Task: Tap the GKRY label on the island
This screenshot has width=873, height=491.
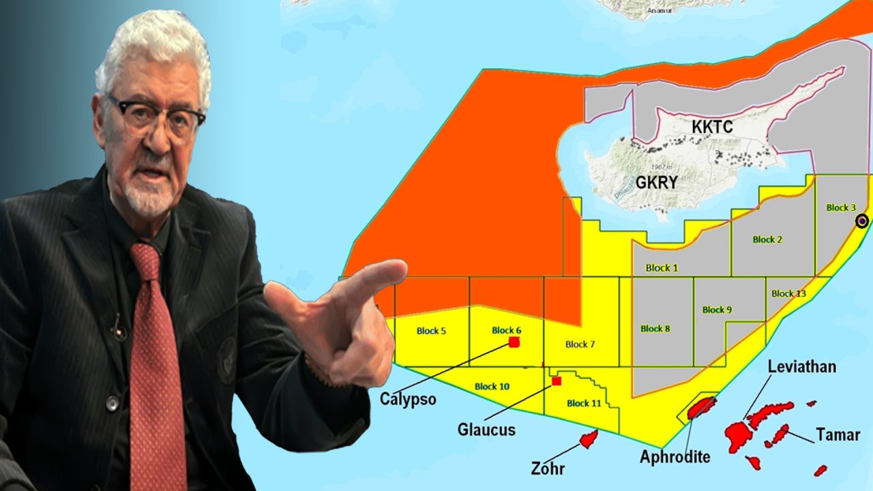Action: click(656, 183)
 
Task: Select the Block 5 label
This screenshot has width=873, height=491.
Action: click(431, 331)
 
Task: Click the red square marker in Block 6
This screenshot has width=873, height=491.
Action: click(514, 342)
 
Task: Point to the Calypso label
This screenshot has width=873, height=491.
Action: click(408, 399)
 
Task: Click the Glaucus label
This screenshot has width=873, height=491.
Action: click(486, 430)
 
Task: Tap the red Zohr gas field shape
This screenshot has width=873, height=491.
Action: click(589, 438)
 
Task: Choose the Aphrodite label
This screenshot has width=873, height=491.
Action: click(675, 456)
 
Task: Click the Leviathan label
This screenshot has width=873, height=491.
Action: click(801, 367)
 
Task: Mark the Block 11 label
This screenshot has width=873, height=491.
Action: click(584, 403)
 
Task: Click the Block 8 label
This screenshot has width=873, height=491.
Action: click(655, 329)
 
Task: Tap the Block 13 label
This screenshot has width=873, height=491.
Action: click(788, 294)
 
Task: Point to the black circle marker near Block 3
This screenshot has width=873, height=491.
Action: click(861, 220)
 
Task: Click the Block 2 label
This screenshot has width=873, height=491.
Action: click(767, 239)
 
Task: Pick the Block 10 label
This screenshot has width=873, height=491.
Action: click(491, 387)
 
